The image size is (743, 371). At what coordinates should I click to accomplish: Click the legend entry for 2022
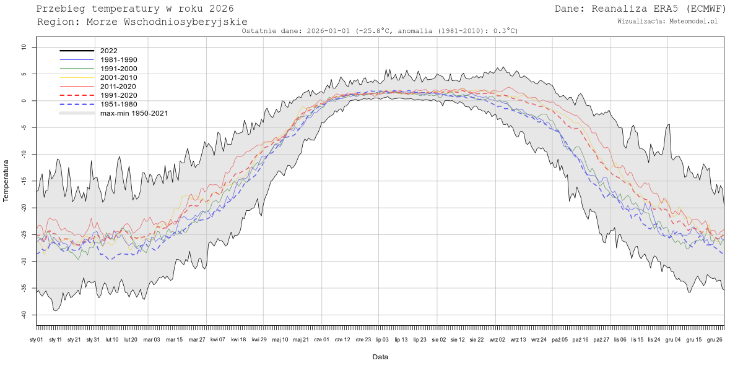(x=108, y=51)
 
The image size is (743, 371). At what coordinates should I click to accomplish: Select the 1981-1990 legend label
(x=118, y=59)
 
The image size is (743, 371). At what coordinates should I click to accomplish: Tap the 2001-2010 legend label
(x=118, y=77)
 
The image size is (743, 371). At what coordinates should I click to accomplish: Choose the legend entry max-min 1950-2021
(x=134, y=113)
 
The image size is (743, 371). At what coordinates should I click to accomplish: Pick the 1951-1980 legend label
(x=118, y=104)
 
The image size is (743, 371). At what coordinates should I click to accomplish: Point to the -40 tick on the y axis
(x=23, y=315)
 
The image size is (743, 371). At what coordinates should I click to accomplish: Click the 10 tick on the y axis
(x=24, y=47)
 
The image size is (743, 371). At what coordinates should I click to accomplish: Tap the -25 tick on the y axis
(x=23, y=234)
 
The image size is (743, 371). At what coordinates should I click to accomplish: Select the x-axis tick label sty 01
(x=37, y=339)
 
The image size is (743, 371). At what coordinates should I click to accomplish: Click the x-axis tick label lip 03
(x=382, y=339)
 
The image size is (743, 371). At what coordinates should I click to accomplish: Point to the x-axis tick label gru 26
(x=715, y=339)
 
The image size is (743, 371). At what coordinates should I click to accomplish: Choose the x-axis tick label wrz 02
(x=497, y=339)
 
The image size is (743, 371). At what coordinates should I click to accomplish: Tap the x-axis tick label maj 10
(x=280, y=339)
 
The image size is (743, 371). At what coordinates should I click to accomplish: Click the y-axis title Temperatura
(x=7, y=181)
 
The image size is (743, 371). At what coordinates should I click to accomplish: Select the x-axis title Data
(x=380, y=357)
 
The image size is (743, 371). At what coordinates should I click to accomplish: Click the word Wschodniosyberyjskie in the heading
(x=172, y=22)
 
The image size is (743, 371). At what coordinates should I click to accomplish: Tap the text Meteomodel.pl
(x=693, y=21)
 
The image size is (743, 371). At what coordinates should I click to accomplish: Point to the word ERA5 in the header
(x=656, y=8)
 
